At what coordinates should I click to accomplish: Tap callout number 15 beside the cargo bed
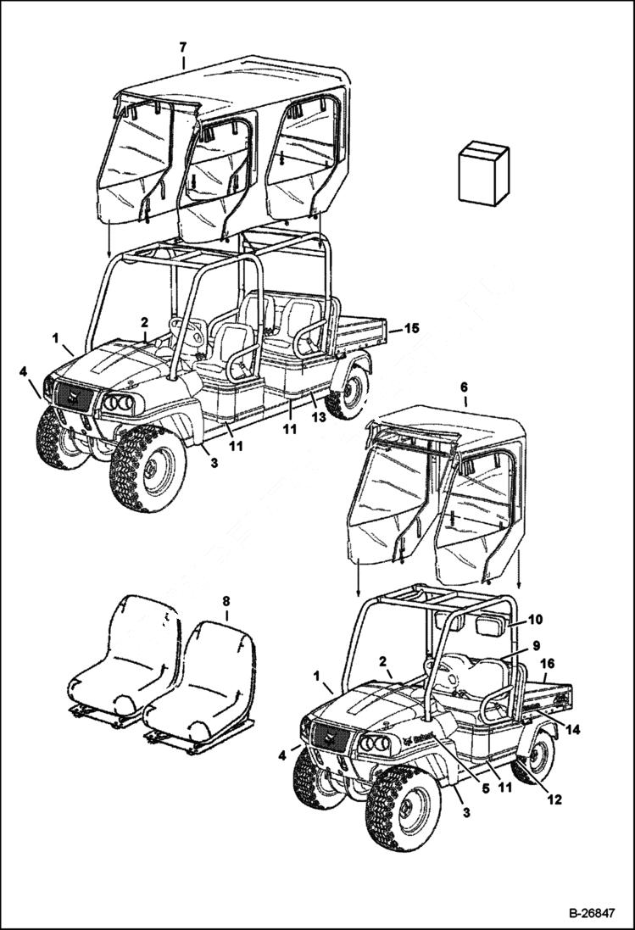coord(411,327)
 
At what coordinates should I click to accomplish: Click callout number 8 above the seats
coord(226,601)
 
